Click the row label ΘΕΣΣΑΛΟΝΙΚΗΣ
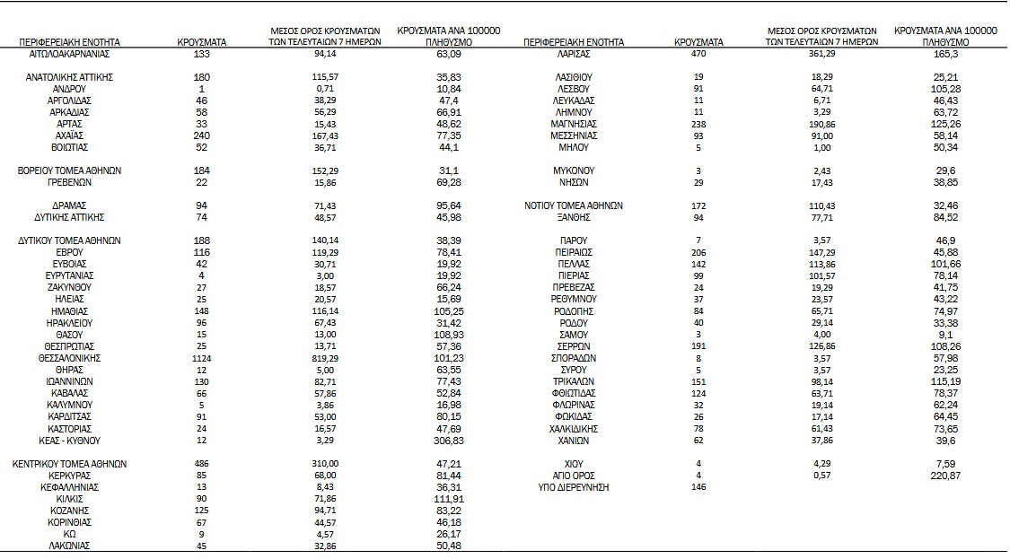pos(69,358)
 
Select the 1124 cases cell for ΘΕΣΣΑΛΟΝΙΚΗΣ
pos(202,358)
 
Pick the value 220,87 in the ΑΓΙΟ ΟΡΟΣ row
pos(945,475)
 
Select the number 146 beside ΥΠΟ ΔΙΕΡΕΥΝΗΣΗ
pos(698,486)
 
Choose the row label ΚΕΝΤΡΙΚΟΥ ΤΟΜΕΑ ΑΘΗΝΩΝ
pos(69,464)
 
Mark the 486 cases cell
pos(202,464)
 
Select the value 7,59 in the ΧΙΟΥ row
pos(945,463)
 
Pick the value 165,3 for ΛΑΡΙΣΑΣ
pos(945,54)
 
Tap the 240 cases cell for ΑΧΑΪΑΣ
pos(202,135)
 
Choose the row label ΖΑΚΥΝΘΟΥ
pos(69,287)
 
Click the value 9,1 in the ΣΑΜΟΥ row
pos(945,335)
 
